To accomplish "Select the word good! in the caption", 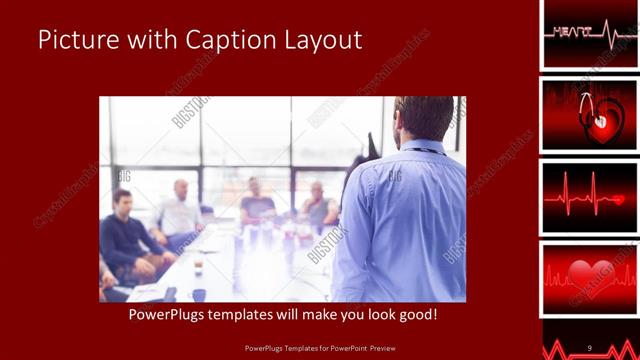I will click(413, 315).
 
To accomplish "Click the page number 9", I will click(590, 347).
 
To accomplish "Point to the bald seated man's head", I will click(181, 188).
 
